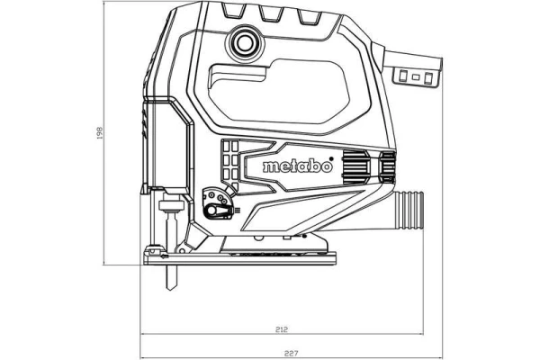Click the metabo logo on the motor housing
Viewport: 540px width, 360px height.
[x=298, y=166]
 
